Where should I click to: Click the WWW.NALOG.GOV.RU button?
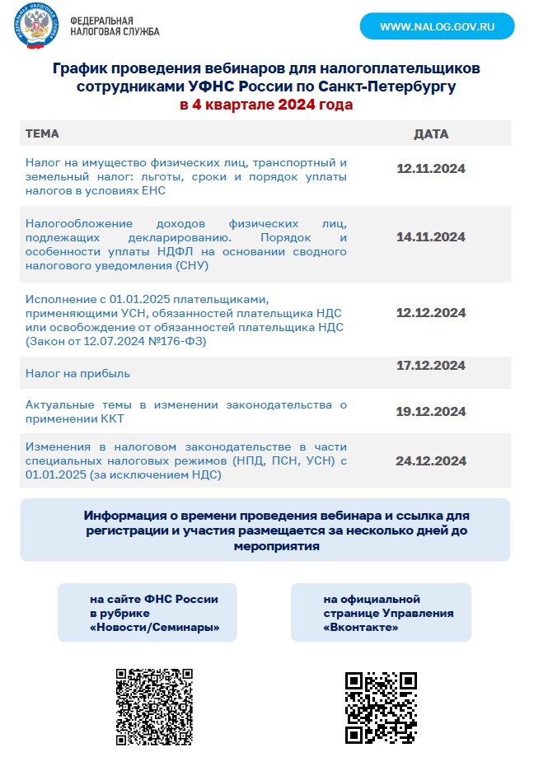tap(437, 26)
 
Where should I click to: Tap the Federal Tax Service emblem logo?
tap(38, 26)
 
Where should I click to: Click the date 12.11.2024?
tap(430, 169)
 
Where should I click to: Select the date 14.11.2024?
tap(430, 237)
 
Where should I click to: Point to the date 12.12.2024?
tap(430, 313)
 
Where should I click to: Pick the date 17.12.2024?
tap(430, 365)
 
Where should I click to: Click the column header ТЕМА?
tap(43, 133)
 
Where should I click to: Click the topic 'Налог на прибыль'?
tap(78, 374)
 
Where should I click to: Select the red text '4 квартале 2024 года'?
tap(266, 105)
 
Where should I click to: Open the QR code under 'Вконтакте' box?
tap(380, 708)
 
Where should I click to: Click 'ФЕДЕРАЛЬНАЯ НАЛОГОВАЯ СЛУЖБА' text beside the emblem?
tap(115, 26)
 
